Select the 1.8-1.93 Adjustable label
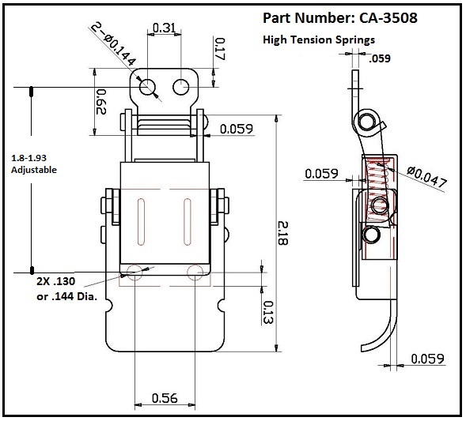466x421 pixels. pos(34,164)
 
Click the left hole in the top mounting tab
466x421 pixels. pos(147,87)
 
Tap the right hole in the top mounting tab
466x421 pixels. pos(182,86)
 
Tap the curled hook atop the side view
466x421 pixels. pos(368,119)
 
